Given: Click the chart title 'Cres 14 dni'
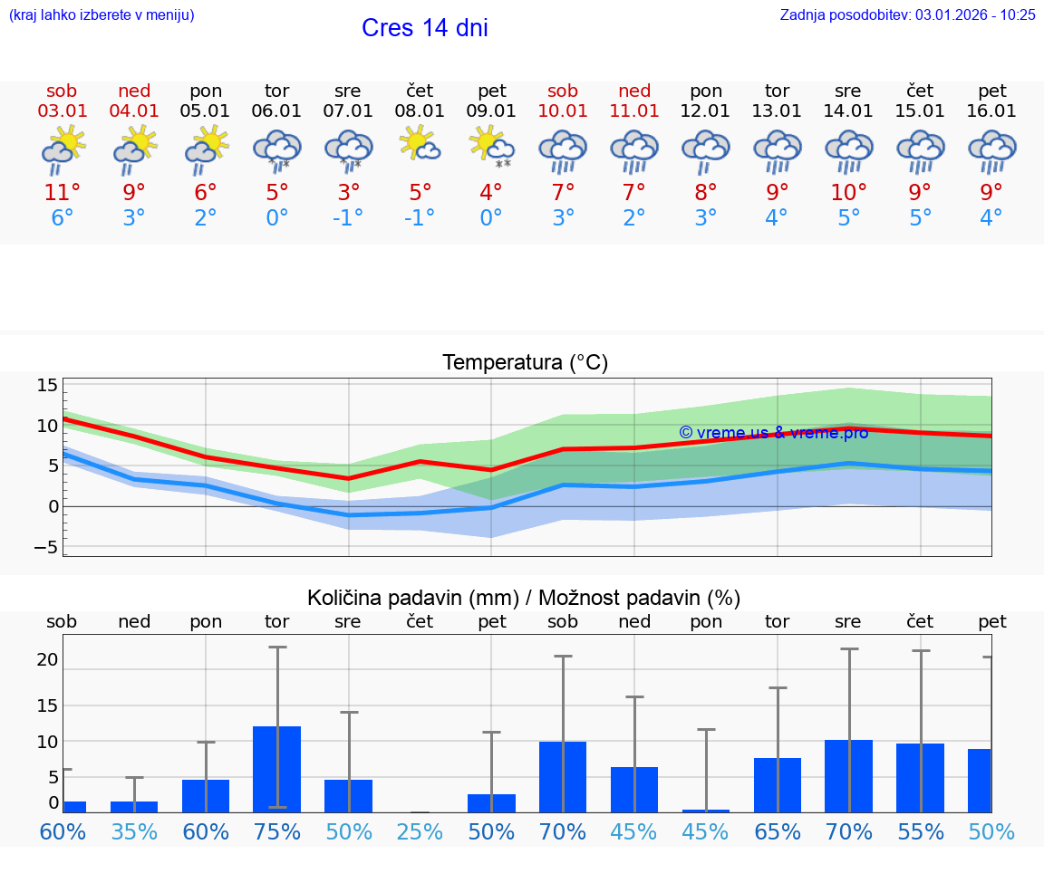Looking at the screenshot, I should [x=424, y=28].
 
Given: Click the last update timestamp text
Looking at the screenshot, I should [x=907, y=14].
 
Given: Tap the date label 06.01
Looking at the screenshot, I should [x=277, y=111].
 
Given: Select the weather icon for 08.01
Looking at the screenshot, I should [x=420, y=144].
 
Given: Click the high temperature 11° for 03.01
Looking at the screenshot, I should [x=63, y=193].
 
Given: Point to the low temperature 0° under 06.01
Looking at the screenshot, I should [x=277, y=218].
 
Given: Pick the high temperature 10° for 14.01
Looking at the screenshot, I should [x=848, y=193].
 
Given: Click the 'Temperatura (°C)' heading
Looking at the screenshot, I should [x=525, y=363].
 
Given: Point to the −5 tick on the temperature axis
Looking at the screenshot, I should [x=46, y=547].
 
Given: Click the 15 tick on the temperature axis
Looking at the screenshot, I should [x=47, y=385].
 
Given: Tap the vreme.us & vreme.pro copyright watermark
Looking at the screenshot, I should [x=773, y=433].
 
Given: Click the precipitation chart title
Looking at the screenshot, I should [x=524, y=598].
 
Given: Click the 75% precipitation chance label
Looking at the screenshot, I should [x=277, y=832].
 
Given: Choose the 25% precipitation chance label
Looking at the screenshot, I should [x=420, y=832].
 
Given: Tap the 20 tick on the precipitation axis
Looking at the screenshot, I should [x=47, y=660].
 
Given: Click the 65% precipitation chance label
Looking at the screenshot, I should [x=777, y=832].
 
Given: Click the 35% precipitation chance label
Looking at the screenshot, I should [x=134, y=832].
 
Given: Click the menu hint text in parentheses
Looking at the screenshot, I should [x=101, y=14].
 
